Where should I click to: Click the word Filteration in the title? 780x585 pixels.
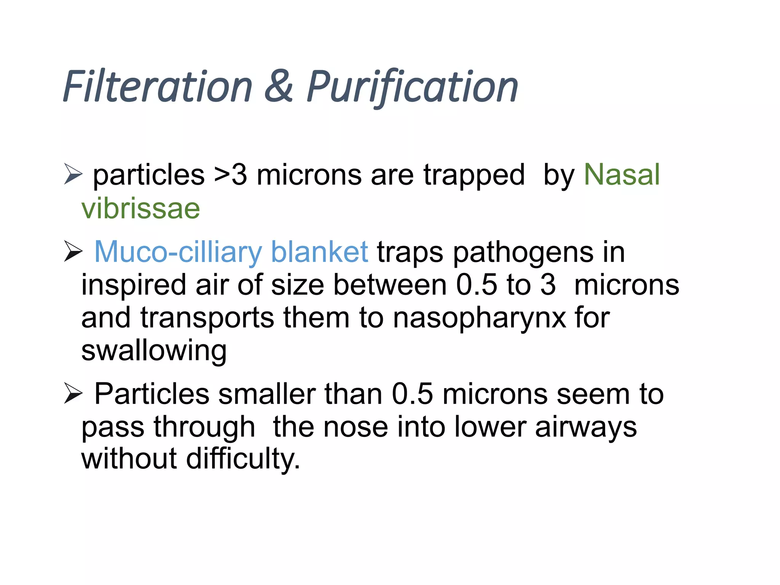point(157,87)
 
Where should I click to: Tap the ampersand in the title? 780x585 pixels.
point(279,87)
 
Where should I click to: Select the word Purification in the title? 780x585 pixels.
point(412,87)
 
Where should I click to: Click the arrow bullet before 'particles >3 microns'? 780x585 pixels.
point(73,174)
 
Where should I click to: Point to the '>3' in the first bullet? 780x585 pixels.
point(231,175)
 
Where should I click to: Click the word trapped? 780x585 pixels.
point(474,175)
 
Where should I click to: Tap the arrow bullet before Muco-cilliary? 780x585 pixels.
point(73,251)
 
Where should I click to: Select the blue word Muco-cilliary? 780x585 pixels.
point(178,252)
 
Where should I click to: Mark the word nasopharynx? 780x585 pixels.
point(479,318)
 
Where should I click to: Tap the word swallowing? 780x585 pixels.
point(154,351)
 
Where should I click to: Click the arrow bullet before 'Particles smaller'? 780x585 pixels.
point(73,393)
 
